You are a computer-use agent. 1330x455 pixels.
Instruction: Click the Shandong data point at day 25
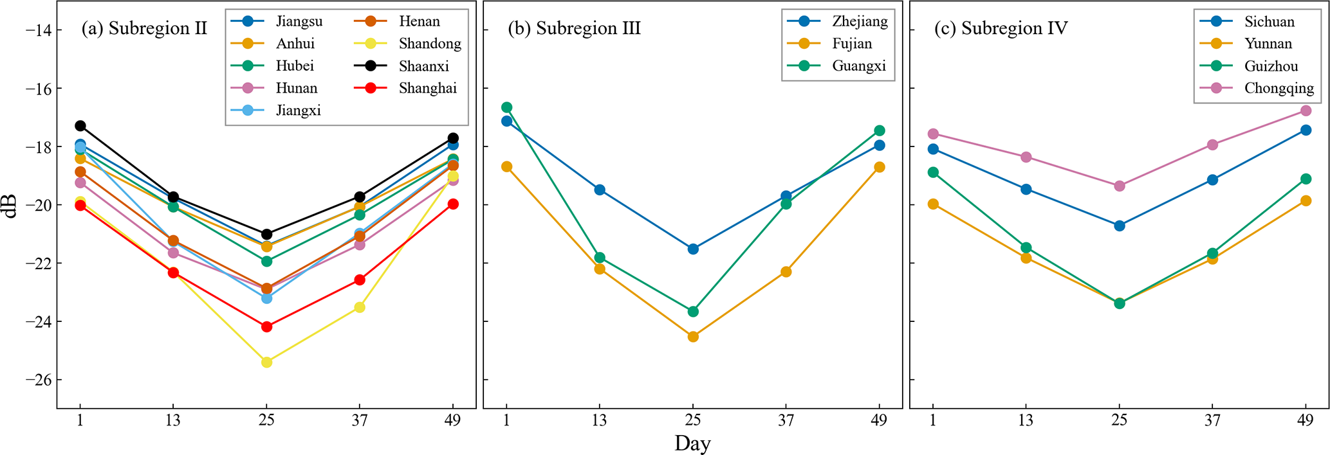[266, 362]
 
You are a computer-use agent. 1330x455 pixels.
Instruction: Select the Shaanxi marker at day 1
[80, 126]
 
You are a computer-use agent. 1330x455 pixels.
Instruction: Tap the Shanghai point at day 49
[453, 204]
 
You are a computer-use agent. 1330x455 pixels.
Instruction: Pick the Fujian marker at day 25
[693, 337]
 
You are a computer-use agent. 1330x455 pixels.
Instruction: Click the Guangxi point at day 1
[506, 107]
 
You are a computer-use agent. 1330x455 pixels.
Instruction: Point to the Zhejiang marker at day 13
[600, 190]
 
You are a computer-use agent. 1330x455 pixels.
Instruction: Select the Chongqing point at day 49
[1306, 111]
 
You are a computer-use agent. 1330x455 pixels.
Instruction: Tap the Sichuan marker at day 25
[1120, 226]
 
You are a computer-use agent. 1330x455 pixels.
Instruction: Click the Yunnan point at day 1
[933, 204]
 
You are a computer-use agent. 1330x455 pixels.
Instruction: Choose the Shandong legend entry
[429, 44]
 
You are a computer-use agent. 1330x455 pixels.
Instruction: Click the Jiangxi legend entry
[298, 111]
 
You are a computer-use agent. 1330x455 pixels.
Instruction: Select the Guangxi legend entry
[858, 66]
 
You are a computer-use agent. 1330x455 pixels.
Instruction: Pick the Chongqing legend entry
[1279, 89]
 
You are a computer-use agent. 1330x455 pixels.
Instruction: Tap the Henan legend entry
[419, 21]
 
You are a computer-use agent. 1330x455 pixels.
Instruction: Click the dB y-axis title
[12, 204]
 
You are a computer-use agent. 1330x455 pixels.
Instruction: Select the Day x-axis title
[692, 443]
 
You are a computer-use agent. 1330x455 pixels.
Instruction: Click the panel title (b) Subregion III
[574, 28]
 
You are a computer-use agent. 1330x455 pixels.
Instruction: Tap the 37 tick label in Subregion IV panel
[1212, 420]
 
